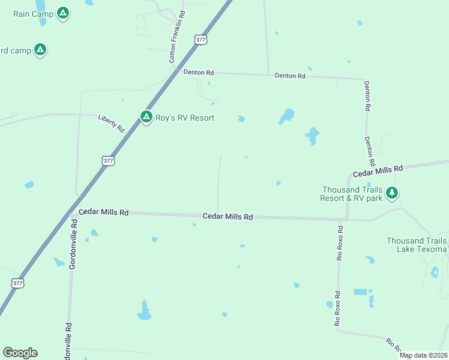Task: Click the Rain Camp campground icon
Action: (x=63, y=13)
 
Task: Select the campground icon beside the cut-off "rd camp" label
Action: (x=40, y=50)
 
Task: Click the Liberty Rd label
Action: (x=111, y=123)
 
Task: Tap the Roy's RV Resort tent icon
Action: (x=146, y=117)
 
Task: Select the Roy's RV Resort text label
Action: (x=184, y=118)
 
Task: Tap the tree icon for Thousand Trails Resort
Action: (x=392, y=193)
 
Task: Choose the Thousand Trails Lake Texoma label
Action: (x=417, y=245)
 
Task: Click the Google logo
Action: (x=20, y=353)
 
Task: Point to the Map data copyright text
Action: (x=423, y=355)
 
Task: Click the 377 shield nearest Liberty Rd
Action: (x=107, y=161)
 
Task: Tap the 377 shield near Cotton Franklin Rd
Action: (x=200, y=40)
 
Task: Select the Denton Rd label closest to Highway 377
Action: (x=199, y=73)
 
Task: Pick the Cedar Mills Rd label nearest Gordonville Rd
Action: (x=103, y=212)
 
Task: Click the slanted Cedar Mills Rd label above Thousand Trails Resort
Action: (x=377, y=172)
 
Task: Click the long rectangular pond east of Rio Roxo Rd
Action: (x=360, y=292)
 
